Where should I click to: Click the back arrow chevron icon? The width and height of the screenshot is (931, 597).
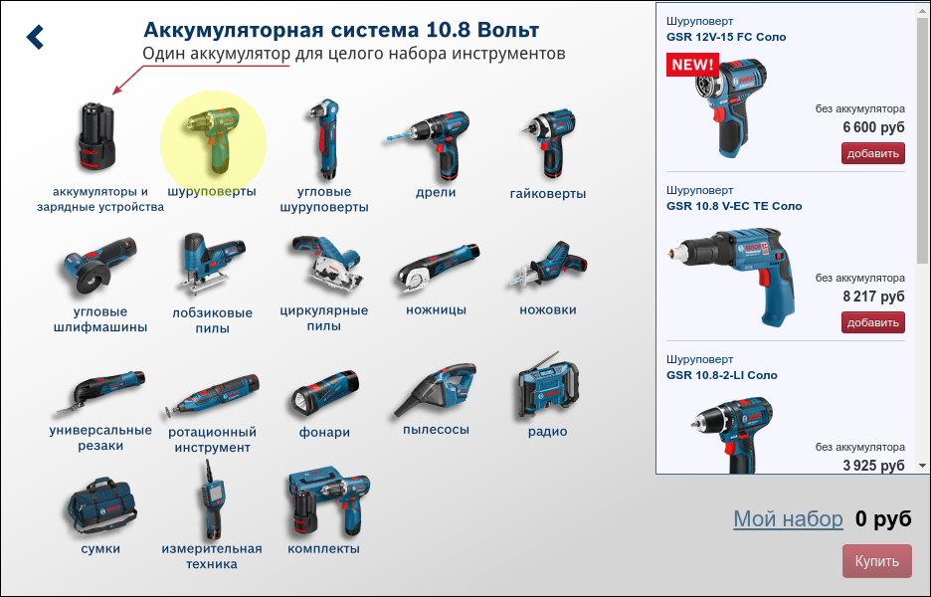(x=36, y=37)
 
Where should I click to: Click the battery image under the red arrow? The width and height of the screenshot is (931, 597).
(x=97, y=137)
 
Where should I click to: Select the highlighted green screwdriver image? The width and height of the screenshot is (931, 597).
(x=212, y=139)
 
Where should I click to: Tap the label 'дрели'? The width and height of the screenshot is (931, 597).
(x=436, y=193)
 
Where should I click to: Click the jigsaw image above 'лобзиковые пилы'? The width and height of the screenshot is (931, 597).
(x=210, y=265)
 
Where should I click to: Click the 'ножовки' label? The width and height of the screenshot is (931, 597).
(x=547, y=310)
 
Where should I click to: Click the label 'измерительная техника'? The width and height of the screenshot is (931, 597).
(x=212, y=556)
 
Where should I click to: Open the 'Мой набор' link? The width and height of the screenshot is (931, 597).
(x=788, y=518)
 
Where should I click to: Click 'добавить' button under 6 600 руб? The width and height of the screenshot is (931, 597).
(x=873, y=153)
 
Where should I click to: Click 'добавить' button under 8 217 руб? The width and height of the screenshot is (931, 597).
(x=873, y=322)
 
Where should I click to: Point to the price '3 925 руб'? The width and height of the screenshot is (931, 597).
(x=872, y=465)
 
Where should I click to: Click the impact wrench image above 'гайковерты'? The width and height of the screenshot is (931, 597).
(x=546, y=139)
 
